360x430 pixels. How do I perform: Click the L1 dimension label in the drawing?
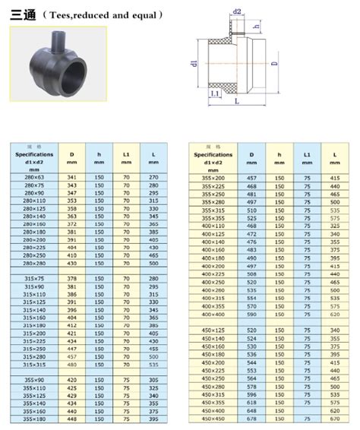tap(215, 93)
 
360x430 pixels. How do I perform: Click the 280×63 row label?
tap(35, 177)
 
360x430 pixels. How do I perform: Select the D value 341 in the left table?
tap(72, 177)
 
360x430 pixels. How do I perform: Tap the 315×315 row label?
tap(35, 365)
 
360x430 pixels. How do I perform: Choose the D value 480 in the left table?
tap(72, 365)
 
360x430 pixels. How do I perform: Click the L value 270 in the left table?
tap(153, 177)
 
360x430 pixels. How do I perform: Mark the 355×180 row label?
tap(35, 419)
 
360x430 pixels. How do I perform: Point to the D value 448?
tap(72, 419)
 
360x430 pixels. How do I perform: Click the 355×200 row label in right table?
tap(214, 177)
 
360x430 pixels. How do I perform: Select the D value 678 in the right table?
tap(251, 419)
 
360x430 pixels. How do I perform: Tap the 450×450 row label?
tap(214, 419)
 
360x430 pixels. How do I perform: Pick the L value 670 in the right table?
tap(334, 419)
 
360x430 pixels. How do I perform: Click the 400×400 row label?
tap(214, 314)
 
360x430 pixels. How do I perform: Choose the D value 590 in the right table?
tap(251, 314)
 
